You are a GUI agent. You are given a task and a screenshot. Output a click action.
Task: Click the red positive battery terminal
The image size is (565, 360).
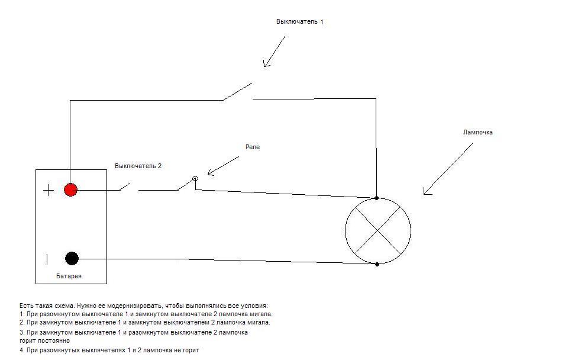(x=70, y=190)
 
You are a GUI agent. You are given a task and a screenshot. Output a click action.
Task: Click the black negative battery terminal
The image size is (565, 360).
(x=72, y=258)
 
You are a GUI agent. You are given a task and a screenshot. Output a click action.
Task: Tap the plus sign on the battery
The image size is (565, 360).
(x=49, y=190)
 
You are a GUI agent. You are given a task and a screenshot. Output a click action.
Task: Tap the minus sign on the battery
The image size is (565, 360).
(x=47, y=259)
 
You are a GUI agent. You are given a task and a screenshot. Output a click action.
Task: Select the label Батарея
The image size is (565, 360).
(x=69, y=277)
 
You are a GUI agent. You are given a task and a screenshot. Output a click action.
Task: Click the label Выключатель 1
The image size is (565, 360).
(x=299, y=21)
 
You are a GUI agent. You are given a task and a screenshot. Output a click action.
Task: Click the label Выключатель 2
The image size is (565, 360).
(x=138, y=166)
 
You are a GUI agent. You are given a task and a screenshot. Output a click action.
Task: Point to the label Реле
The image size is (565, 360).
(x=253, y=147)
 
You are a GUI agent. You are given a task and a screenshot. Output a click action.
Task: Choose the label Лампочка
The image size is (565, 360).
(x=477, y=133)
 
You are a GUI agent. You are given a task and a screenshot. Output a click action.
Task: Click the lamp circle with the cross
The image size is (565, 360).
(x=377, y=231)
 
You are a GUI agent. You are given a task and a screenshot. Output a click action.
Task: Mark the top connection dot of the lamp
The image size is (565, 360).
(x=377, y=198)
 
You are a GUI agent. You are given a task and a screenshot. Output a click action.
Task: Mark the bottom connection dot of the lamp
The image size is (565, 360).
(x=377, y=264)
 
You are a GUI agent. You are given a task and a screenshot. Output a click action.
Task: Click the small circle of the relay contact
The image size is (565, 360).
(x=195, y=178)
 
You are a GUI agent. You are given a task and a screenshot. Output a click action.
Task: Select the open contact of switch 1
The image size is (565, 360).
(x=237, y=91)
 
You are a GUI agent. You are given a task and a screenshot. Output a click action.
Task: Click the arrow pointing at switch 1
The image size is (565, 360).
(x=274, y=52)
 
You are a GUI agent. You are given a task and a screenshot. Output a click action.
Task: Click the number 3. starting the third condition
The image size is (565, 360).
(x=22, y=333)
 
